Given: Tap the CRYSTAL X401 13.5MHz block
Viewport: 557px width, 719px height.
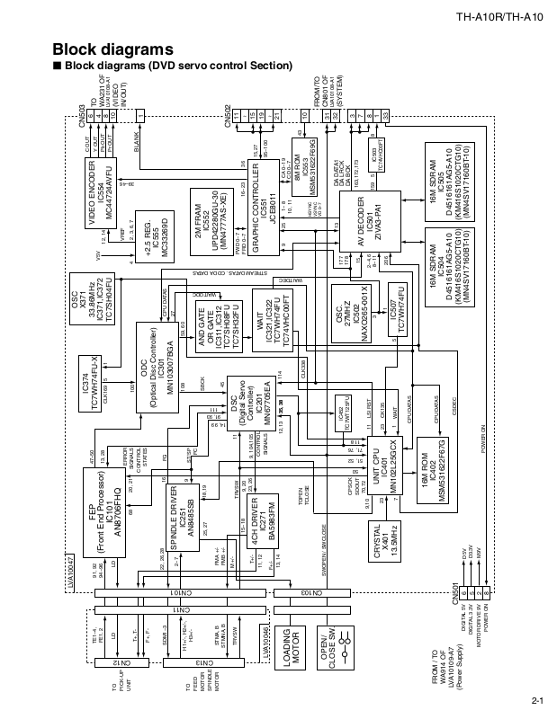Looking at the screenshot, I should pos(384,537).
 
